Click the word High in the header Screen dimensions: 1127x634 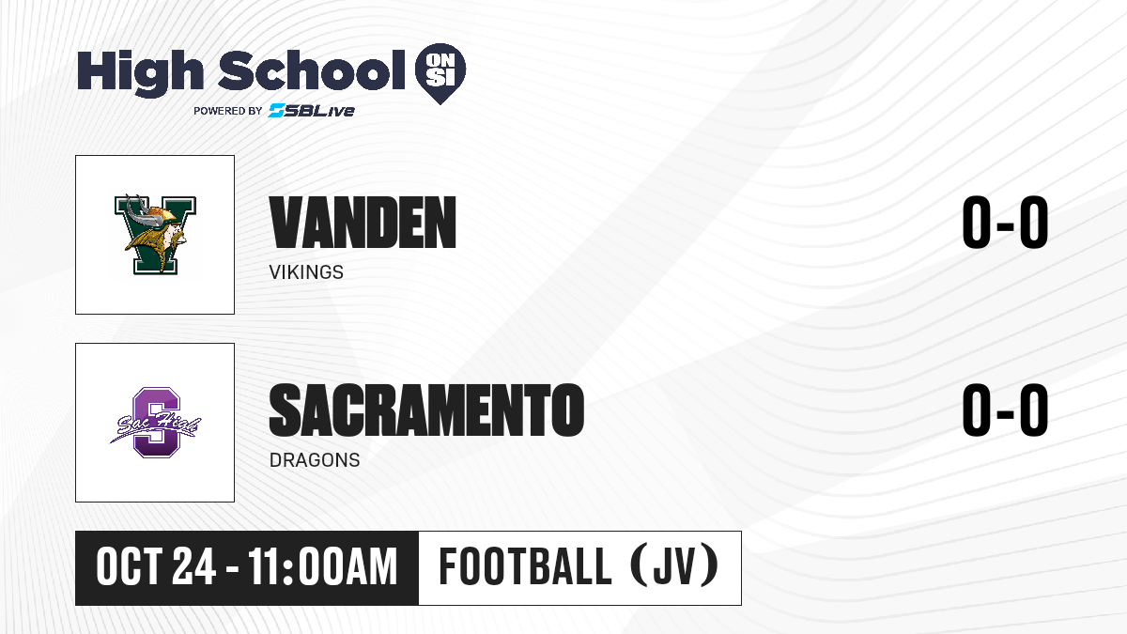click(x=140, y=73)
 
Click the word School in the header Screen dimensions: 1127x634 click(x=312, y=70)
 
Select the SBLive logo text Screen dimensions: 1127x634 click(x=312, y=111)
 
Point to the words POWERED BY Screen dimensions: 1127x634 click(x=228, y=111)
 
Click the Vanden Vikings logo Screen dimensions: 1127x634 click(x=155, y=235)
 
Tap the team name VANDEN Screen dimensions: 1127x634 click(x=363, y=223)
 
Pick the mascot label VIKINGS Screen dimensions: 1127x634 click(x=306, y=272)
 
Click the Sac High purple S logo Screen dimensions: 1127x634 click(x=155, y=423)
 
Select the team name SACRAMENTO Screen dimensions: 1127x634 click(x=426, y=410)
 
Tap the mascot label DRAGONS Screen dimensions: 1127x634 click(x=315, y=460)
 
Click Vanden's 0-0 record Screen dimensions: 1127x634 click(x=1005, y=223)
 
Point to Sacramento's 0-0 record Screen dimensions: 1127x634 click(x=1005, y=410)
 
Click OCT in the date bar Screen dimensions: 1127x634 click(x=129, y=567)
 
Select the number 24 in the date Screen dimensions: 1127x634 click(x=194, y=567)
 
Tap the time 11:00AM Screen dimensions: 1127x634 click(x=322, y=567)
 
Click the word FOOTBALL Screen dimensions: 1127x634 click(x=525, y=566)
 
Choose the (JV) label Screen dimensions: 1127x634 click(x=674, y=566)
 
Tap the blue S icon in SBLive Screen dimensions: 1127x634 click(x=277, y=111)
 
